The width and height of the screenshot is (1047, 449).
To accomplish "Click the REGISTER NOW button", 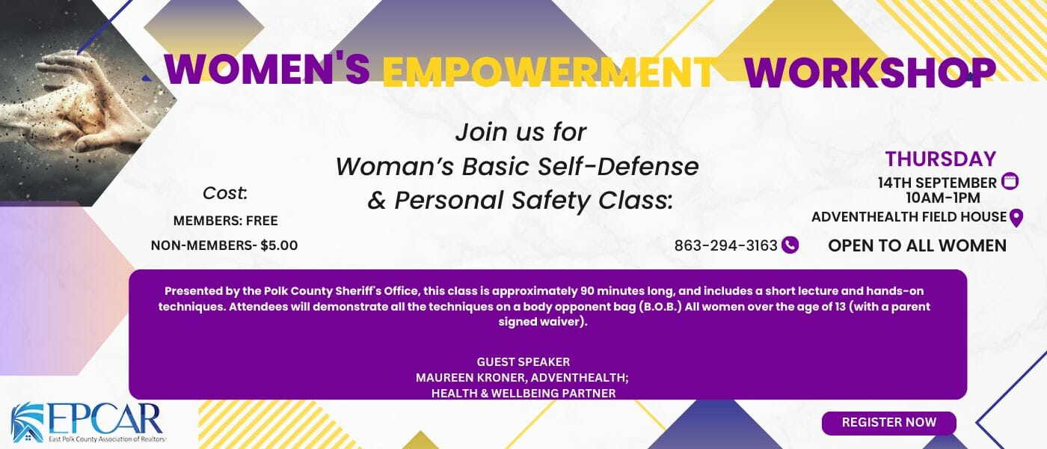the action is click(889, 423).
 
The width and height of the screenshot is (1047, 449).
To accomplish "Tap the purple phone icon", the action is click(790, 245).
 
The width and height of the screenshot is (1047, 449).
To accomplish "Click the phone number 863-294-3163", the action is click(725, 245).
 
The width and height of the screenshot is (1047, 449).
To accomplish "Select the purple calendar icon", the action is click(1010, 181).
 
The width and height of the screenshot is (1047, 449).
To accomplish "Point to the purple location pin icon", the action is click(1016, 218).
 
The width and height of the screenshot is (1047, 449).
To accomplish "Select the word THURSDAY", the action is click(941, 159).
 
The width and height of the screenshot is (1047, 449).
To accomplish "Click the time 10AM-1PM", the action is click(943, 198).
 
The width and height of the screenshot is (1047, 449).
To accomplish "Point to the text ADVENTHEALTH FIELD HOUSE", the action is click(909, 217).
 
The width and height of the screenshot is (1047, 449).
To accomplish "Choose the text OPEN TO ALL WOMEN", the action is click(917, 246).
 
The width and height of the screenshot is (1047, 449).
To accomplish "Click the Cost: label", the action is click(225, 193).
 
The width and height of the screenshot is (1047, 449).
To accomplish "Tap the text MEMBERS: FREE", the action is click(225, 221).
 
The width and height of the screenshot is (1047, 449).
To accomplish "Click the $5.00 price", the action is click(279, 245).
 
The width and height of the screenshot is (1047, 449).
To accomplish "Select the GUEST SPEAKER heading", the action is click(523, 362).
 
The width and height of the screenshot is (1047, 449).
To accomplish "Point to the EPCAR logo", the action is click(88, 422).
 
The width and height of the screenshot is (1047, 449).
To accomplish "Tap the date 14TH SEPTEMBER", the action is click(937, 183).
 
